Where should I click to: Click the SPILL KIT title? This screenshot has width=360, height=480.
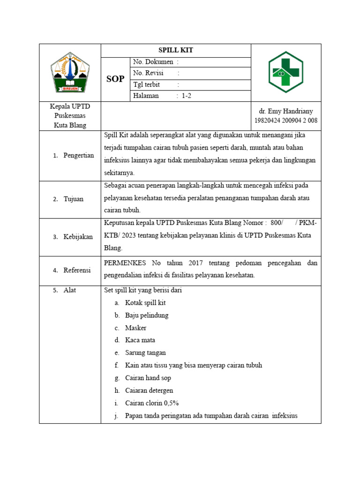pos(176,50)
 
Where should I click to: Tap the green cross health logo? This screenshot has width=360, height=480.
pos(285,72)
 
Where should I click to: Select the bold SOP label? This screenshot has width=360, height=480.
pos(115,79)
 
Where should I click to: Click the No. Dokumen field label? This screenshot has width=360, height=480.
pos(153,62)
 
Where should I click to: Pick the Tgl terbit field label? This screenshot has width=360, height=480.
pos(147,85)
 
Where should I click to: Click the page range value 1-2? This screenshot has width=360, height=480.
pos(187,96)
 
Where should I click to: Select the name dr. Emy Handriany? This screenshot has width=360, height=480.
pos(286,112)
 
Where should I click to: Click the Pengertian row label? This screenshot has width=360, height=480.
pos(79,155)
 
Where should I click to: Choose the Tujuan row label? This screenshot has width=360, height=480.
pos(74,199)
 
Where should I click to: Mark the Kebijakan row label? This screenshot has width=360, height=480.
pos(78,237)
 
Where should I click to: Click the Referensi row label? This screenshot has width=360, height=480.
pos(77,270)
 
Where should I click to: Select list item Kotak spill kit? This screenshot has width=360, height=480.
pos(145,303)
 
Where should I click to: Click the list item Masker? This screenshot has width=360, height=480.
pos(136,328)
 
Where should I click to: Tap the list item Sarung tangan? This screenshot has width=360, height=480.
pos(145,352)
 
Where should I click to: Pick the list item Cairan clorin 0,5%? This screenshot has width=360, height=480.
pos(152,403)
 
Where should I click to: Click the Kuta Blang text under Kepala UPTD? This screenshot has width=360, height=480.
pos(70,125)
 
